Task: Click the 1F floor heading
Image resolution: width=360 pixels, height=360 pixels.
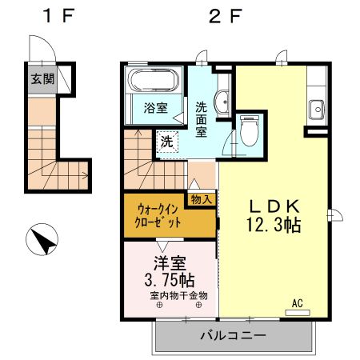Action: pos(58,16)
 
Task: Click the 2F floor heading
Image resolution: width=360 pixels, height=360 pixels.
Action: pos(226,16)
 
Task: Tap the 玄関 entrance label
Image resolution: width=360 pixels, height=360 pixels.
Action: pos(42,79)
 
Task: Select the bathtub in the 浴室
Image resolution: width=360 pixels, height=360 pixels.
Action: pos(153,80)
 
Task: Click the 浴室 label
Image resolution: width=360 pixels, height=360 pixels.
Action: pos(156,108)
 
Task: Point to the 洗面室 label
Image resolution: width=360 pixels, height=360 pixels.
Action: pos(202,119)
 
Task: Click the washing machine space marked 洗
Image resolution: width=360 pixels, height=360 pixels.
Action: pos(167,142)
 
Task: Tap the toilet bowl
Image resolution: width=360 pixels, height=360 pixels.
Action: pos(250,130)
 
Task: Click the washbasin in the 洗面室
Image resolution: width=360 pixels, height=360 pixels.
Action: pos(222,102)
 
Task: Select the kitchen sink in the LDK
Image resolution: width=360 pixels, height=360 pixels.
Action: pos(317,110)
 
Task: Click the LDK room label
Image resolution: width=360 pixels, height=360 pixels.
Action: pos(274,206)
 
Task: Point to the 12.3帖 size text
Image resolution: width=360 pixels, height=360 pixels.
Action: pos(274,225)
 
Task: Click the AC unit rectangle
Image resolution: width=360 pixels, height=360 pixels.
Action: pos(298,313)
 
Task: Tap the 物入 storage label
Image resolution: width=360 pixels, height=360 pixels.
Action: pos(202,199)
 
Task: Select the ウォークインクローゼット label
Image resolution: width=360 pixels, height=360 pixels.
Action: pos(158,216)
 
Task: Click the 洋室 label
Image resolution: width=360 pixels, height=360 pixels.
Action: pos(170,263)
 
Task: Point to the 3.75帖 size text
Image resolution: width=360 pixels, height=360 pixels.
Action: pos(170,280)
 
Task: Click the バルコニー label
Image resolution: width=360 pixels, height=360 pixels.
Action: pos(234,335)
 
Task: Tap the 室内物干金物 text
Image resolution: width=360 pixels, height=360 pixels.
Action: pos(178,296)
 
